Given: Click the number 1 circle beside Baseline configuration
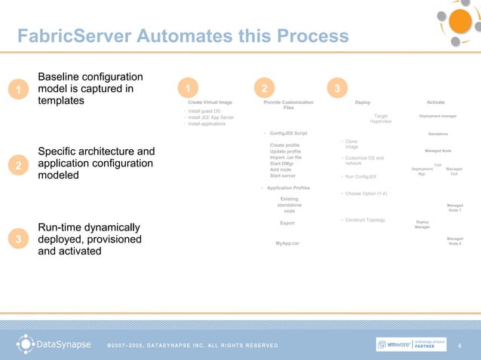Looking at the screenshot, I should (18, 91).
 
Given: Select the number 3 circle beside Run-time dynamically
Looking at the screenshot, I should (18, 239).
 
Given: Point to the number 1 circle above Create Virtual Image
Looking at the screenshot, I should (186, 89).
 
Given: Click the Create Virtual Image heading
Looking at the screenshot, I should (210, 102).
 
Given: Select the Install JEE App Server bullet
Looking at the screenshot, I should (211, 117).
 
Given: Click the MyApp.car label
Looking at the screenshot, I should (287, 243).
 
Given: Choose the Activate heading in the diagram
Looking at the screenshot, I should (436, 102).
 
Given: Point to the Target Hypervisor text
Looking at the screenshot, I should (380, 119).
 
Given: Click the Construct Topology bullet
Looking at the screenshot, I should (364, 220).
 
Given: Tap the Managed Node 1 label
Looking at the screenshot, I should (455, 207).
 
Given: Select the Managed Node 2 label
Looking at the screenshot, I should (455, 241).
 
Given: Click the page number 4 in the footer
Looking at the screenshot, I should (459, 345).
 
